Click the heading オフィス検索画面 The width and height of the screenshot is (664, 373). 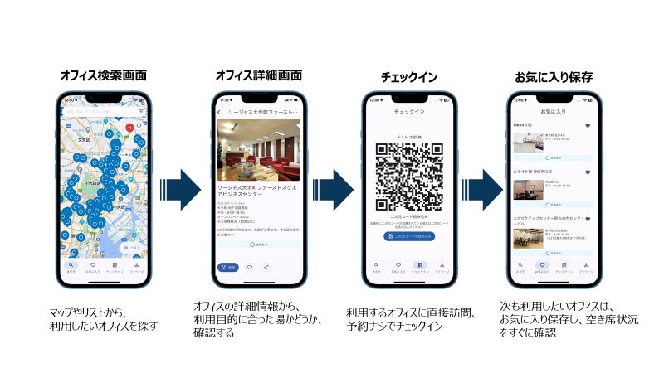(x=104, y=75)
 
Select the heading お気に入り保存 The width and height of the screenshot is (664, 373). (x=554, y=75)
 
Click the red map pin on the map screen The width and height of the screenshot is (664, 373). (x=129, y=128)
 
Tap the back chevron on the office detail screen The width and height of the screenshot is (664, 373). (x=218, y=112)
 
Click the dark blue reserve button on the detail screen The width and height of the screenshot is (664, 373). (x=227, y=267)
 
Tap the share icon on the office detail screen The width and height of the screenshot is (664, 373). (x=266, y=267)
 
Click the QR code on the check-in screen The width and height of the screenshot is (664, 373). (x=409, y=176)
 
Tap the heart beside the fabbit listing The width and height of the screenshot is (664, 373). (x=588, y=126)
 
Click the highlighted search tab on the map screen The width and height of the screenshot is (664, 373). (x=72, y=266)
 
